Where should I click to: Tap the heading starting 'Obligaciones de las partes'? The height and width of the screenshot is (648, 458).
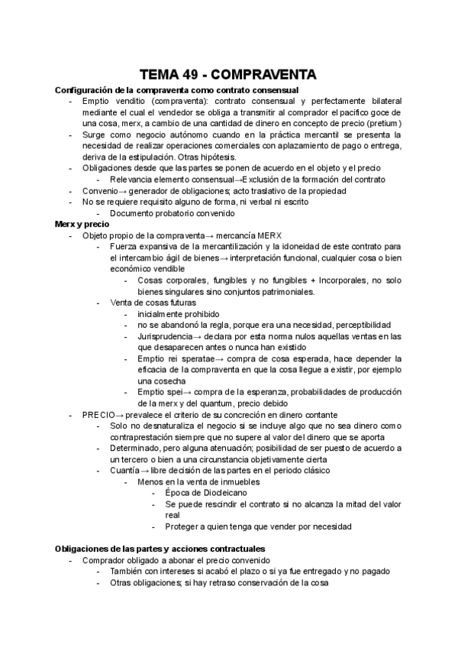click(x=160, y=549)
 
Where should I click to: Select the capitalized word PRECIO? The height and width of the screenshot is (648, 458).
click(x=98, y=414)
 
